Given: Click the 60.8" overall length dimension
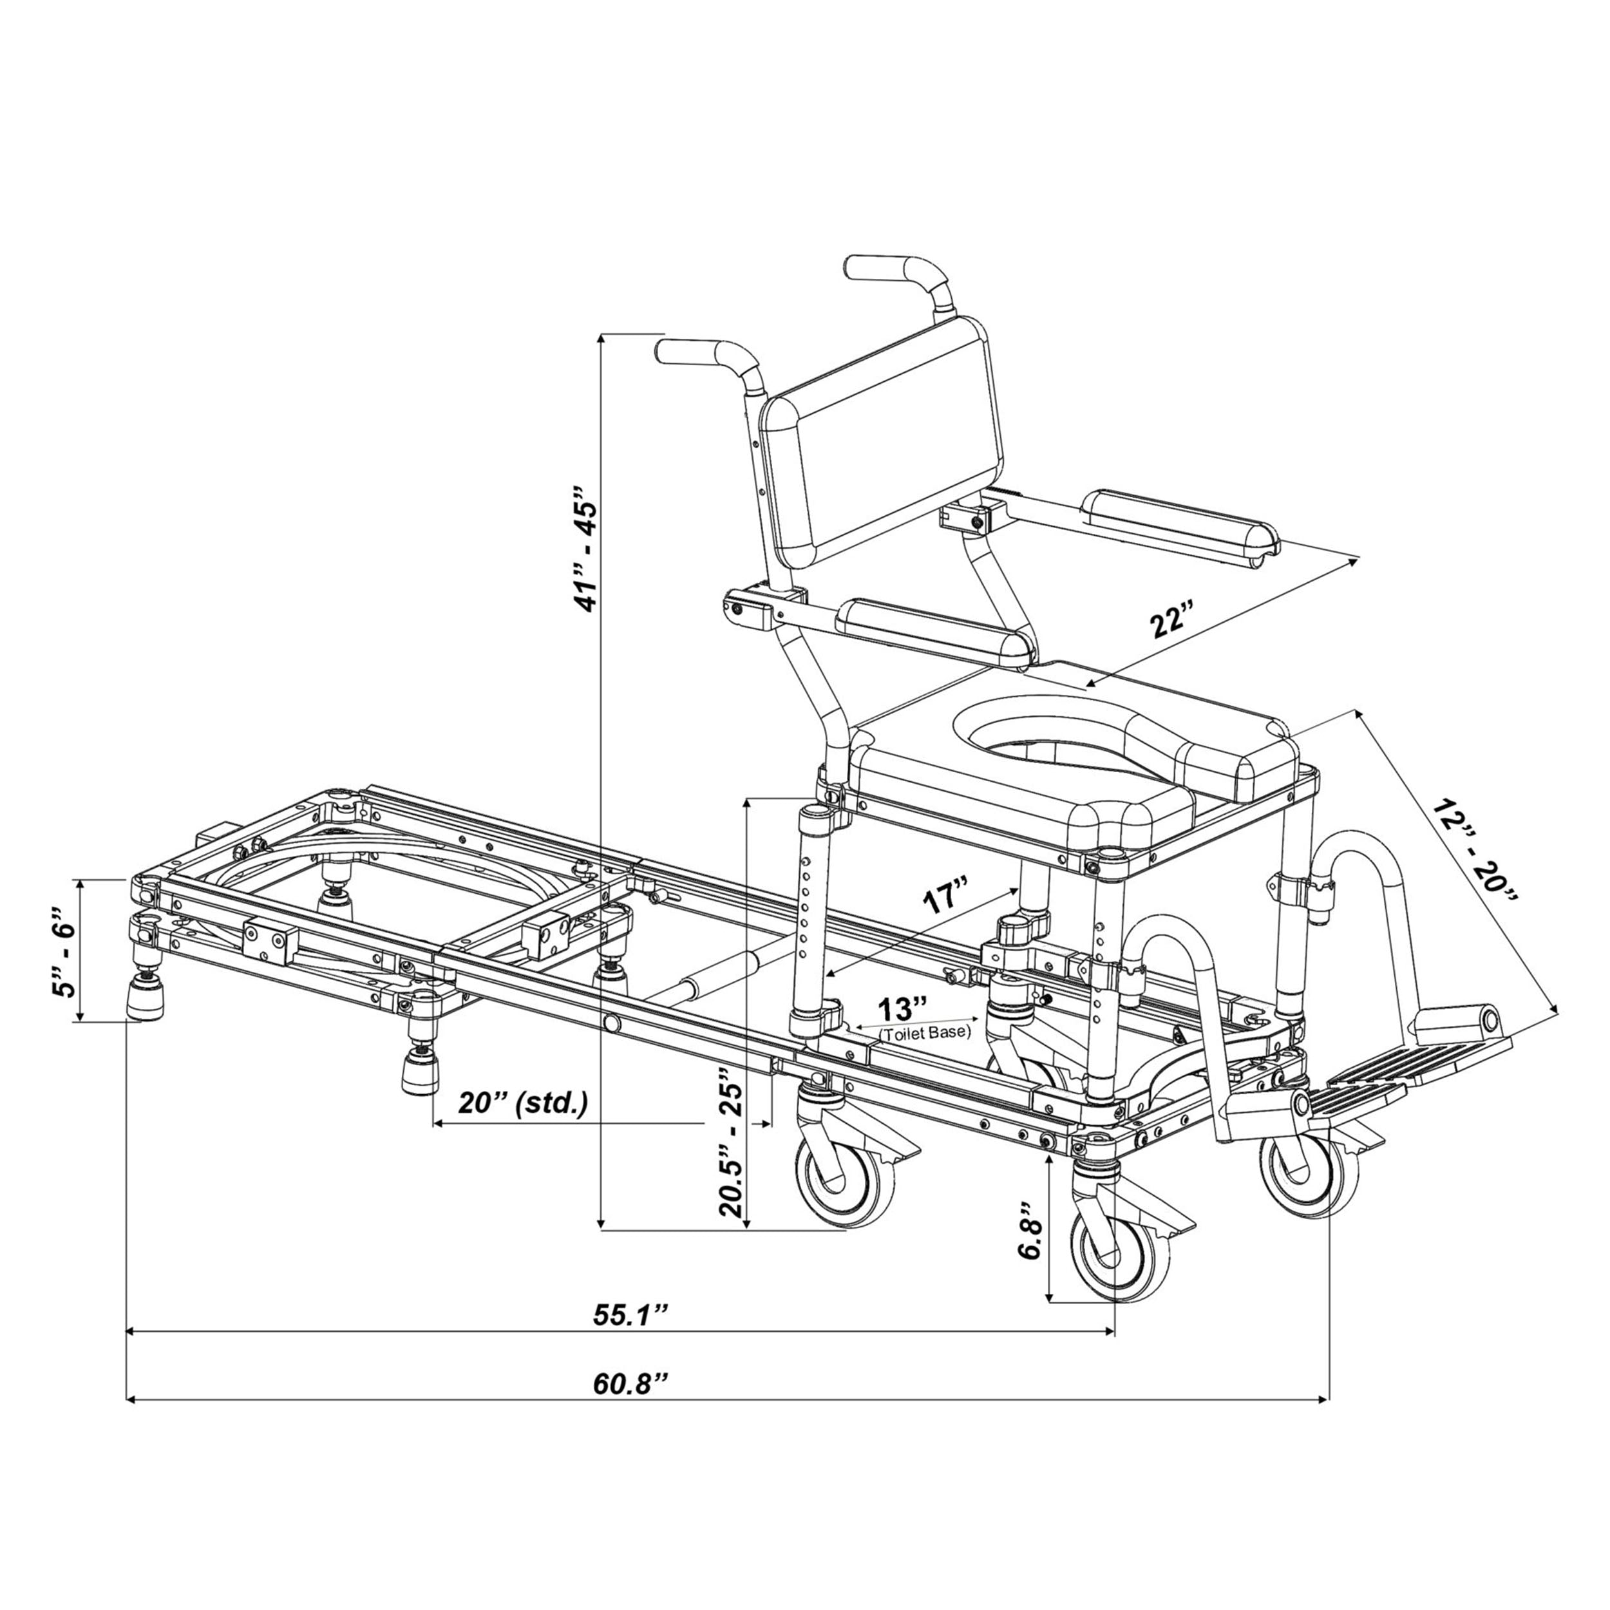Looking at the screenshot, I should click(631, 1383).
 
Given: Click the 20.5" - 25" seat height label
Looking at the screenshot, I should click(731, 1151).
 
